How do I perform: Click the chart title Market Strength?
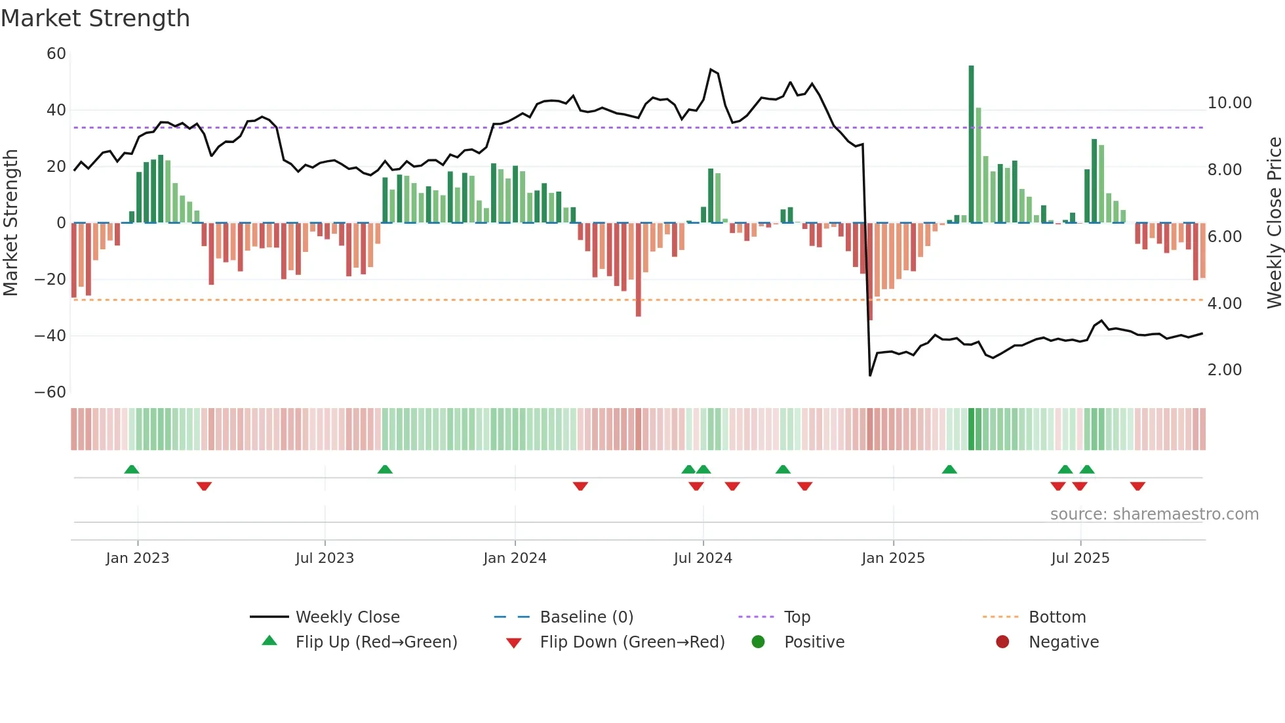pyautogui.click(x=95, y=18)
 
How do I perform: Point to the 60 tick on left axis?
pyautogui.click(x=56, y=54)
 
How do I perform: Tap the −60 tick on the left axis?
pyautogui.click(x=50, y=392)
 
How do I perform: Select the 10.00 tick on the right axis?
pyautogui.click(x=1229, y=103)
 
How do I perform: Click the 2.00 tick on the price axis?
pyautogui.click(x=1224, y=370)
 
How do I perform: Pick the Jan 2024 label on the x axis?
pyautogui.click(x=515, y=558)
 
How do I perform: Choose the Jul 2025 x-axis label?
pyautogui.click(x=1080, y=558)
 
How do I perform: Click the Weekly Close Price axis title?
pyautogui.click(x=1274, y=223)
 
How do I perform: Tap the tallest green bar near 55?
pyautogui.click(x=971, y=144)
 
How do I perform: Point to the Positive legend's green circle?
pyautogui.click(x=759, y=642)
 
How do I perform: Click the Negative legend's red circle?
pyautogui.click(x=1002, y=642)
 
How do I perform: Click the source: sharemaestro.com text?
pyautogui.click(x=1154, y=514)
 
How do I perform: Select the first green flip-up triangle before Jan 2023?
pyautogui.click(x=132, y=469)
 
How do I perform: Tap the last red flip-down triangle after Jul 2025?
pyautogui.click(x=1137, y=486)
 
